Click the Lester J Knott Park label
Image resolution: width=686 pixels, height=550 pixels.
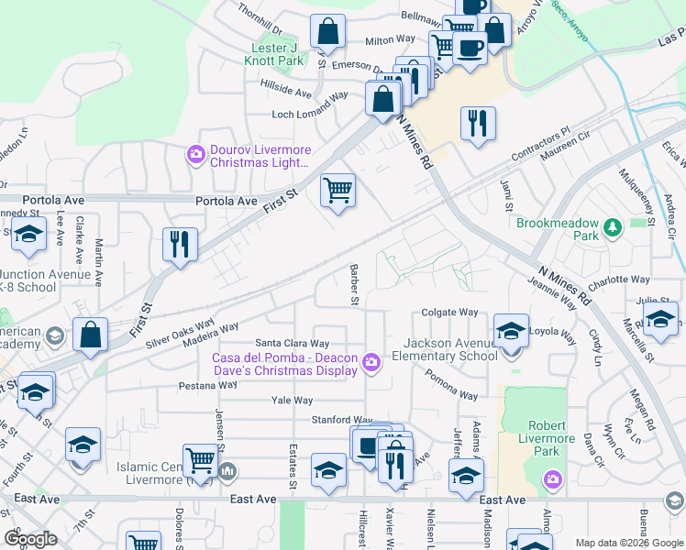[x=277, y=54]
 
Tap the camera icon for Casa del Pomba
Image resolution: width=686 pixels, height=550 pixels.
[x=371, y=364]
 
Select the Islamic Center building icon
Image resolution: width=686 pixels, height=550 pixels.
[x=228, y=472]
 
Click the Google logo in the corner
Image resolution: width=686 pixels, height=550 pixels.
[x=30, y=539]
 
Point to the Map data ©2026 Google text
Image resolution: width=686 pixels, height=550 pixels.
[x=629, y=543]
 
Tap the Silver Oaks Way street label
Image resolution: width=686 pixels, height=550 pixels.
[x=180, y=331]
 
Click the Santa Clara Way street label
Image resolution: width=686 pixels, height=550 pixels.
[x=292, y=343]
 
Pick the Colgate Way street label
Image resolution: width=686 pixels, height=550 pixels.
[x=449, y=312]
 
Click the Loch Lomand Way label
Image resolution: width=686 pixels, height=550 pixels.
[x=311, y=114]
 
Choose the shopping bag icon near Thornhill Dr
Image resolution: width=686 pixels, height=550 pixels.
[x=326, y=33]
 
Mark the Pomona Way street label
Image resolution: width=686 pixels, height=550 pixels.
[x=451, y=384]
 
